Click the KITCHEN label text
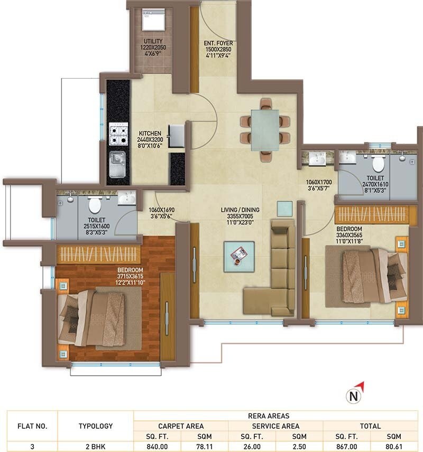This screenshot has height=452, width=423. [x=150, y=134]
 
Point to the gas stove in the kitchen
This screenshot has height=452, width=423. [x=118, y=134]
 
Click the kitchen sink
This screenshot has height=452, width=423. [x=117, y=164]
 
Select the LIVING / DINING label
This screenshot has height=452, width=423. [x=240, y=210]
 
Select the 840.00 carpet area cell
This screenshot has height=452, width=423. [x=158, y=446]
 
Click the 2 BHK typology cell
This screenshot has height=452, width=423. [x=95, y=446]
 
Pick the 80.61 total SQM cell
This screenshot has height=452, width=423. [x=394, y=446]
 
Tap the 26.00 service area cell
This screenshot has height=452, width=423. [x=252, y=446]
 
